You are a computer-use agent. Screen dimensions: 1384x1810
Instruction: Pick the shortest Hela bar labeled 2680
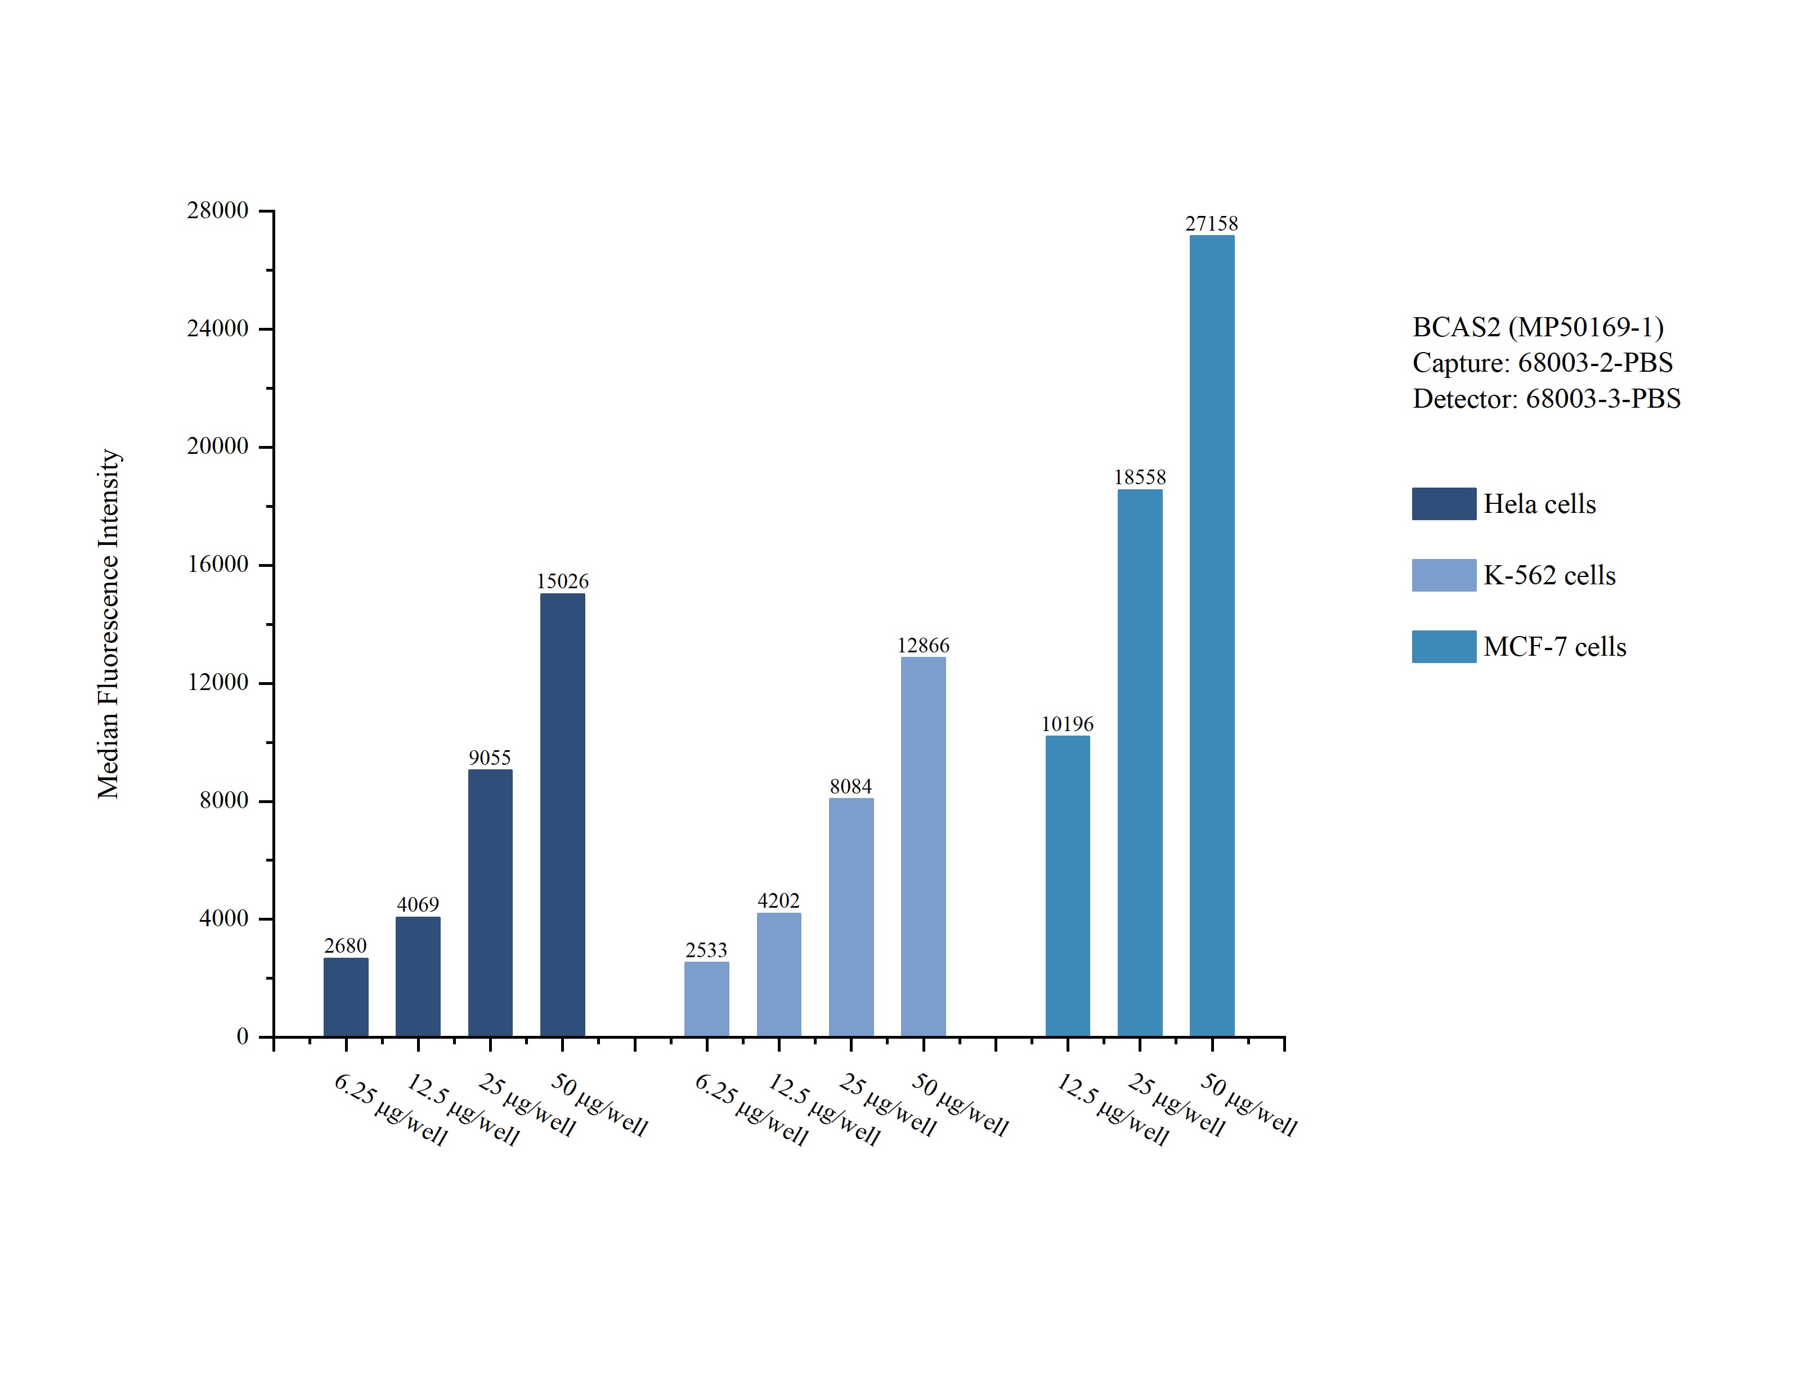click(x=346, y=997)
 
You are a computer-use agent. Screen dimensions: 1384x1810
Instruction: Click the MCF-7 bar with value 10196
click(x=1068, y=886)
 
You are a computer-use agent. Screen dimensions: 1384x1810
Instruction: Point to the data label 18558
click(x=1140, y=477)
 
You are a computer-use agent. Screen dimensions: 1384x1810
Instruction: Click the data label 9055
click(x=490, y=757)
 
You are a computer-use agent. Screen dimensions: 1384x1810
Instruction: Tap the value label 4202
click(x=778, y=900)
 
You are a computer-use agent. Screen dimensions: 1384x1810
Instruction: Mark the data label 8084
click(x=850, y=786)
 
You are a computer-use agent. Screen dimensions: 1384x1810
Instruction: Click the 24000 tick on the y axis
click(x=218, y=328)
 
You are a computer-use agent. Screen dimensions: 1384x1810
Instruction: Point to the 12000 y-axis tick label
click(x=218, y=682)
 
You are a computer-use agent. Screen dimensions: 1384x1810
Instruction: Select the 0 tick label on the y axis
click(x=243, y=1036)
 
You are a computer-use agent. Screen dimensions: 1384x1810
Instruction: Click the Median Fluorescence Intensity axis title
click(x=109, y=624)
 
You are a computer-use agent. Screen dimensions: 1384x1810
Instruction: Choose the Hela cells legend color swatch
click(x=1443, y=503)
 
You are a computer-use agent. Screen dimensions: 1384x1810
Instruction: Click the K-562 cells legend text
click(x=1549, y=575)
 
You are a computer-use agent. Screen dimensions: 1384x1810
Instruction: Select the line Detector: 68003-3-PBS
click(x=1545, y=399)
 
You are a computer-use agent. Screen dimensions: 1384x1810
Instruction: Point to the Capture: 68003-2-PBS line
click(x=1542, y=363)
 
